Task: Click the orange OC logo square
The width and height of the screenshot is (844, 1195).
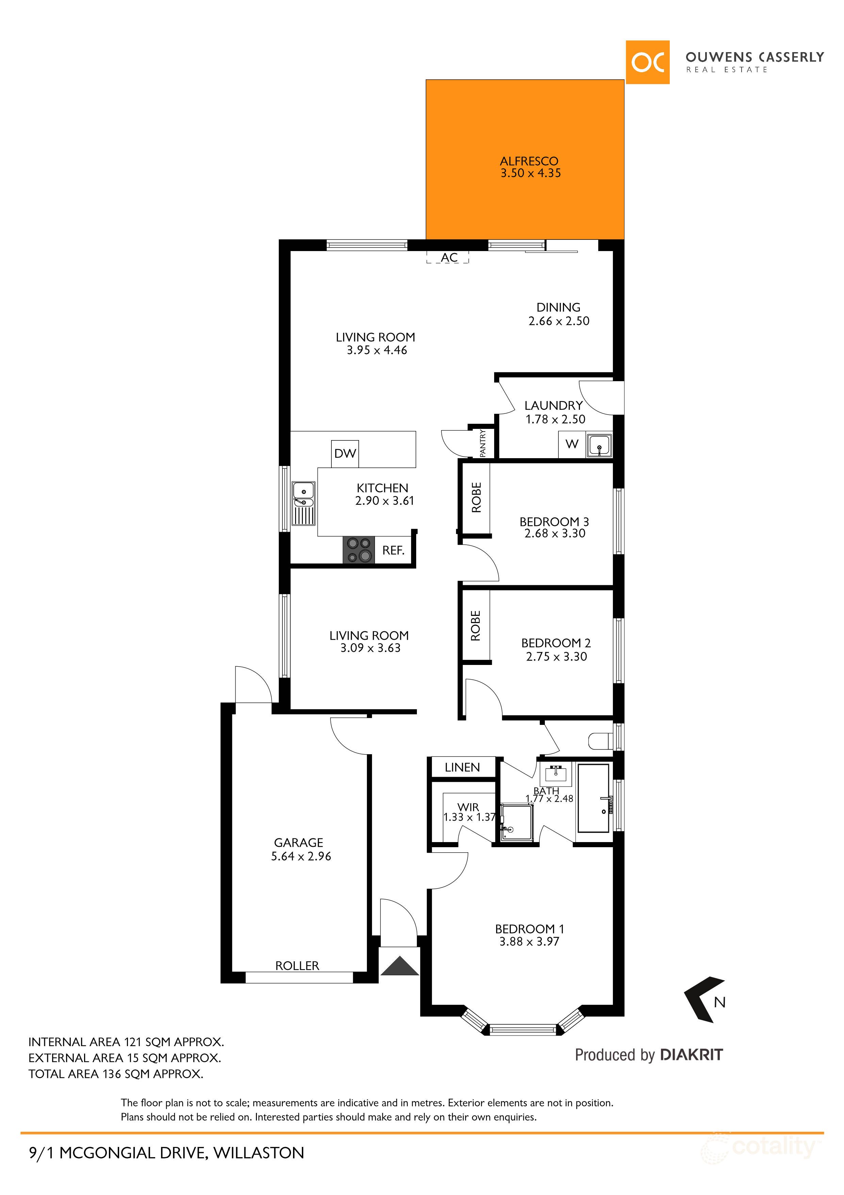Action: (x=647, y=62)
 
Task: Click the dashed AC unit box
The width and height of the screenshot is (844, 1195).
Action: (x=448, y=257)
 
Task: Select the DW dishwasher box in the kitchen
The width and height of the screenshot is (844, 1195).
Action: (x=345, y=453)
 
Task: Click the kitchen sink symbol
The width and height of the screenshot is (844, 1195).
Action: (x=303, y=503)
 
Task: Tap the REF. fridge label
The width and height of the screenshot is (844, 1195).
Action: (x=393, y=550)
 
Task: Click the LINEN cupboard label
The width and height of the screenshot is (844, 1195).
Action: (x=462, y=767)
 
